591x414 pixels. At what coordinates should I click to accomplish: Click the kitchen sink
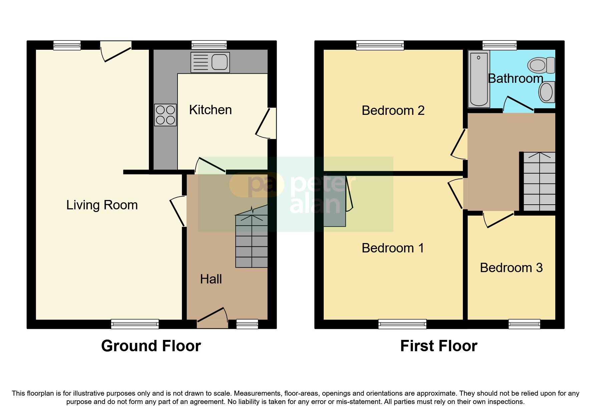pyautogui.click(x=210, y=62)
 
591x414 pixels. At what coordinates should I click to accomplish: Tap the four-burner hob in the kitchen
pyautogui.click(x=165, y=115)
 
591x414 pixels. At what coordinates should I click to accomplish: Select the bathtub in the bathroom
pyautogui.click(x=479, y=79)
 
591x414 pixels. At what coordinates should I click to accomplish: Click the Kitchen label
pyautogui.click(x=210, y=110)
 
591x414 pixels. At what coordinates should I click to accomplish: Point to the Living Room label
pyautogui.click(x=102, y=205)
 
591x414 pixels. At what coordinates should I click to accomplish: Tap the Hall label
pyautogui.click(x=211, y=279)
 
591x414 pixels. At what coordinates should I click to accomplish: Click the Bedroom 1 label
pyautogui.click(x=393, y=248)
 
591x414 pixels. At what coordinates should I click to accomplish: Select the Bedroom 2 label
pyautogui.click(x=393, y=111)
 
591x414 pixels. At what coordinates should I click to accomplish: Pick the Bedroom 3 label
pyautogui.click(x=511, y=268)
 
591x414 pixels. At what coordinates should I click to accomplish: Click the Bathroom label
pyautogui.click(x=515, y=78)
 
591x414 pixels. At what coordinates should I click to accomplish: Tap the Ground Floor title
pyautogui.click(x=151, y=346)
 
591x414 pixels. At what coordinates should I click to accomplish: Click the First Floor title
pyautogui.click(x=438, y=346)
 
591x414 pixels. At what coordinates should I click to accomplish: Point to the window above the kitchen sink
pyautogui.click(x=209, y=45)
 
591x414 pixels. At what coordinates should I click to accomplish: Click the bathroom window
pyautogui.click(x=500, y=45)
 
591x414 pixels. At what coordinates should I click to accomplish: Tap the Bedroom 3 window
pyautogui.click(x=524, y=324)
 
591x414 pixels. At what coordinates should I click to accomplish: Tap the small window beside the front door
pyautogui.click(x=247, y=324)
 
